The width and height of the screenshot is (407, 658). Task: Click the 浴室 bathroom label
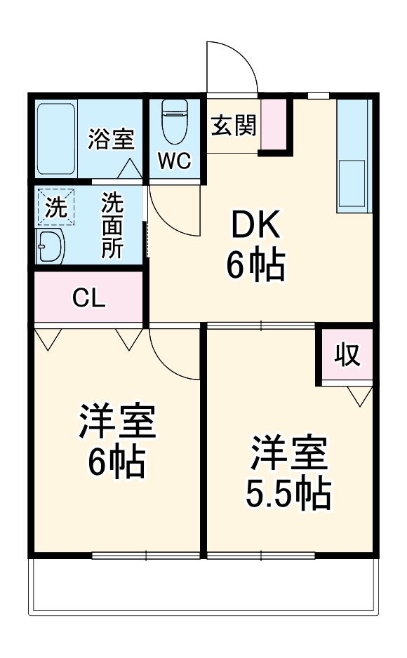tap(110, 139)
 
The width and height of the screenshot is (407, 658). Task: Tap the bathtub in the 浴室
tap(55, 138)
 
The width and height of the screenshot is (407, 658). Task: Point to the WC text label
tap(174, 161)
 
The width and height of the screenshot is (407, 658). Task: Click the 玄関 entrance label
tap(234, 126)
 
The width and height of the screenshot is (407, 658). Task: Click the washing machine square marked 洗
tap(55, 206)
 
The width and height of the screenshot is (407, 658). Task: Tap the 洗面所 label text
tap(112, 227)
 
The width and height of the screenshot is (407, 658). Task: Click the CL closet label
tap(89, 299)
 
